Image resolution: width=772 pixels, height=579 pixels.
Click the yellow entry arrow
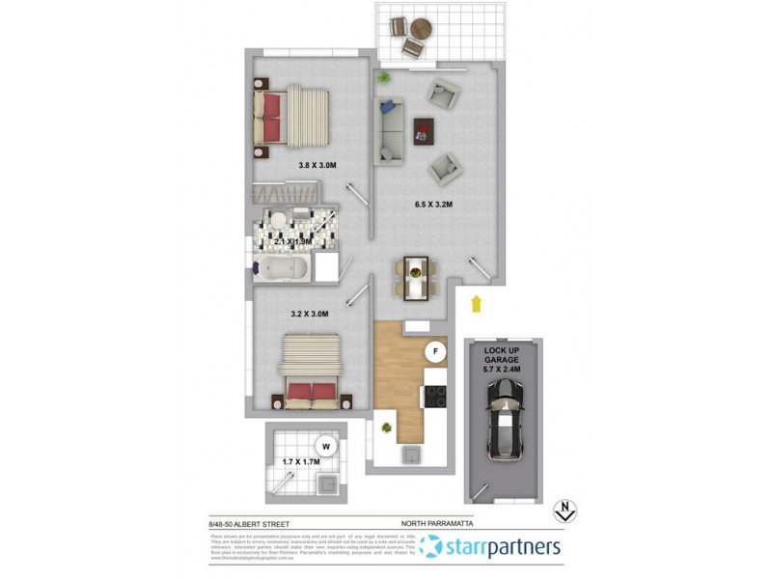475,304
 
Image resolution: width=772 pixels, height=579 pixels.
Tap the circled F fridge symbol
436,351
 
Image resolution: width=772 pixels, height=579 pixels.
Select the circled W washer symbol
327,446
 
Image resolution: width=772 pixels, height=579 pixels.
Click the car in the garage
505,418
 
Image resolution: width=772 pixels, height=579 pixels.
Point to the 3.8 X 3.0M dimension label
317,165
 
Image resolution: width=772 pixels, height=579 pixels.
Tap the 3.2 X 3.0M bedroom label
310,314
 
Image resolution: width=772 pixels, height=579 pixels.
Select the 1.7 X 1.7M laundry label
300,462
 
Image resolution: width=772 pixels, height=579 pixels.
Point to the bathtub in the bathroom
282,267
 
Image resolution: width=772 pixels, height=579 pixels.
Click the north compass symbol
566,512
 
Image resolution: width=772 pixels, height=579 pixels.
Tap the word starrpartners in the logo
504,547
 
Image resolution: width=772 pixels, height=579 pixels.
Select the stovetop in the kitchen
435,397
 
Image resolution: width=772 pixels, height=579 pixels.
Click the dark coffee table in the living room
423,130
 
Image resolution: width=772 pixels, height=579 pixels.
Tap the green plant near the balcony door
384,76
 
